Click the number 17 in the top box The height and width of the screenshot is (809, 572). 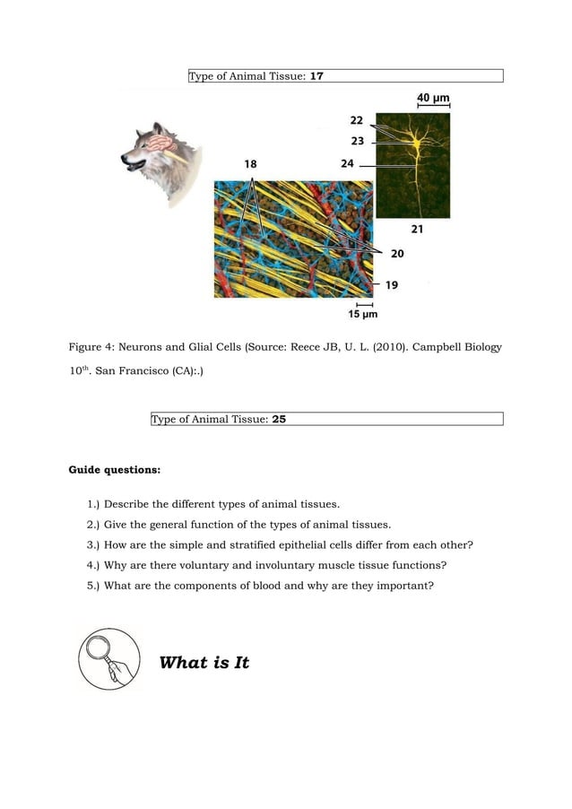pyautogui.click(x=316, y=76)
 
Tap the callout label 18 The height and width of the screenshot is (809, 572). pyautogui.click(x=250, y=164)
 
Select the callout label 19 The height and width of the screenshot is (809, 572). pyautogui.click(x=392, y=285)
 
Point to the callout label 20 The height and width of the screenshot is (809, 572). pyautogui.click(x=396, y=254)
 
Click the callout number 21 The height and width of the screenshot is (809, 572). pyautogui.click(x=417, y=230)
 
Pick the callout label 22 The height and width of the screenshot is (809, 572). pyautogui.click(x=356, y=120)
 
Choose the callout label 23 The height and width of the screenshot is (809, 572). pyautogui.click(x=357, y=141)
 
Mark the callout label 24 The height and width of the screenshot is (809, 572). pyautogui.click(x=348, y=163)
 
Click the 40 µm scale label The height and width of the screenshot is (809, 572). pyautogui.click(x=433, y=97)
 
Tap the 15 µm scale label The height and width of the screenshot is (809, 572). pyautogui.click(x=362, y=315)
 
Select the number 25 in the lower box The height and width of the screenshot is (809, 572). pyautogui.click(x=279, y=419)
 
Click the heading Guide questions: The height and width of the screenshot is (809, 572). pyautogui.click(x=115, y=469)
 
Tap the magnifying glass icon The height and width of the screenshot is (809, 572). pyautogui.click(x=109, y=658)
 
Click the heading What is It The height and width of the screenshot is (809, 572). pyautogui.click(x=204, y=663)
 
